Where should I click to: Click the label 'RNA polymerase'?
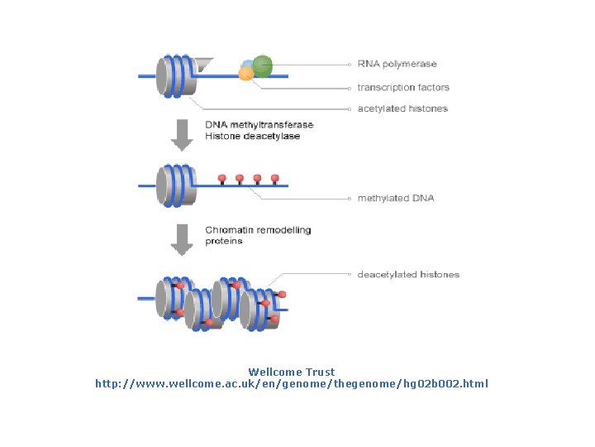397,65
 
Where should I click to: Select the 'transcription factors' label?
403,87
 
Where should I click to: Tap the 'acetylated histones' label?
402,108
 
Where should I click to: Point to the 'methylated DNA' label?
396,199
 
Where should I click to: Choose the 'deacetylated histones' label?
408,274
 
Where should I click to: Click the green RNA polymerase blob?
262,65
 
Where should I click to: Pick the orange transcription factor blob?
245,74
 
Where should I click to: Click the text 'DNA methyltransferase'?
259,125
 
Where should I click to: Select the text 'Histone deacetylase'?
252,136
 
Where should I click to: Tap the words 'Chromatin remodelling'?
258,230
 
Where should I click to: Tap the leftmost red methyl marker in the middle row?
221,179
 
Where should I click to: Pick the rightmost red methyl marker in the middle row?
274,179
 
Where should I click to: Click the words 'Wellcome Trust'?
291,372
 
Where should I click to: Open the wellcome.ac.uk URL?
291,384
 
